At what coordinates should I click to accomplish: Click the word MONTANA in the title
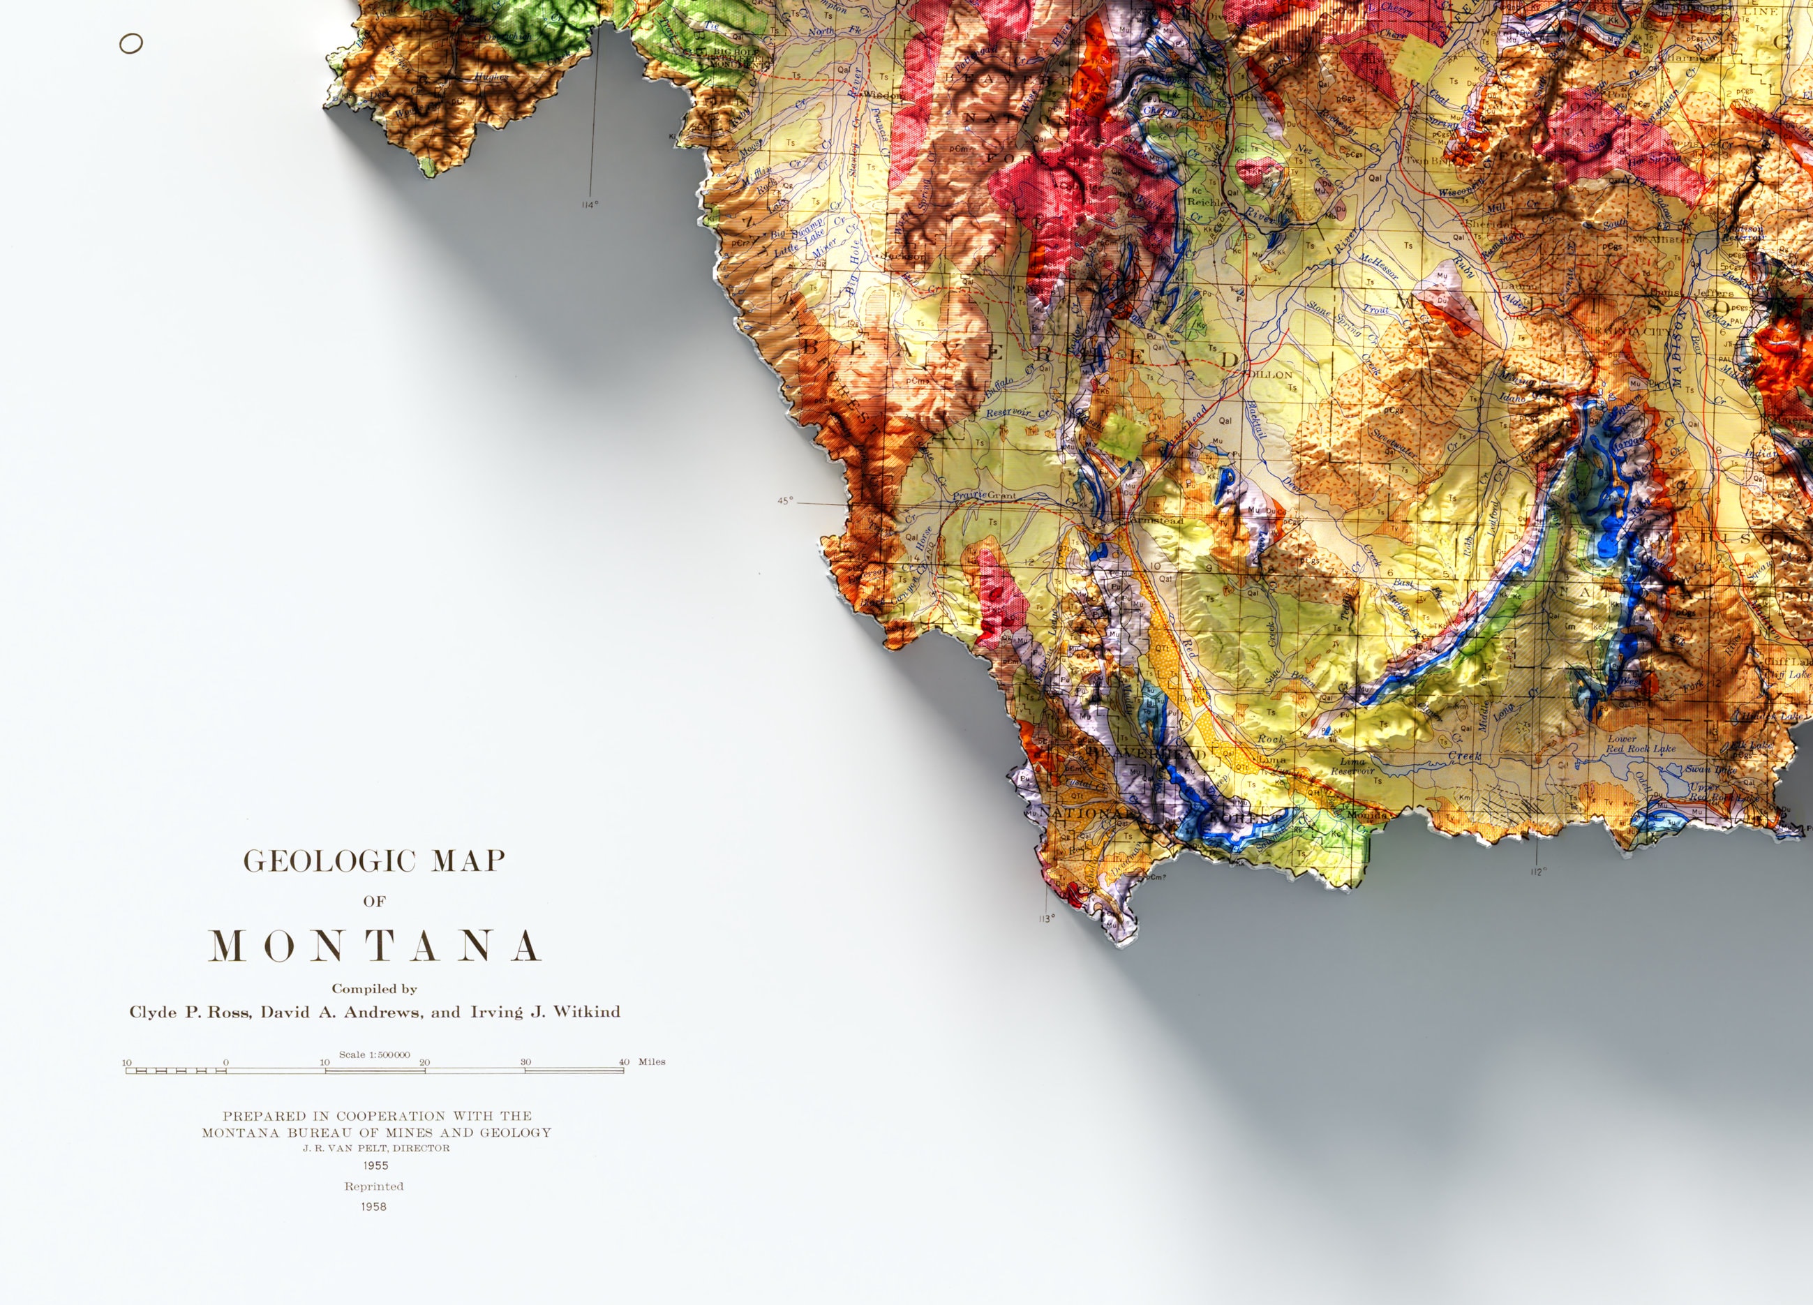coord(374,947)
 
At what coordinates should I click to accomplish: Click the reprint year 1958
coord(373,1207)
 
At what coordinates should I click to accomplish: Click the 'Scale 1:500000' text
coord(374,1054)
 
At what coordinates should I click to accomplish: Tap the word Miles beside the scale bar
coord(652,1062)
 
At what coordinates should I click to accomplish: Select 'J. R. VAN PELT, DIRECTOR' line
coord(375,1148)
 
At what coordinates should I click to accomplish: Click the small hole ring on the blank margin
coord(131,44)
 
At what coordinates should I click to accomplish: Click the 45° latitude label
coord(786,501)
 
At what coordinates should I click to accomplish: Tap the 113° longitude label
coord(1046,919)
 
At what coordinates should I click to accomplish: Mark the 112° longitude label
coord(1538,872)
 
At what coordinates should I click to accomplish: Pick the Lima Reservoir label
coord(1352,766)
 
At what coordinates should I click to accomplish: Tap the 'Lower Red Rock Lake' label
coord(1641,744)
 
